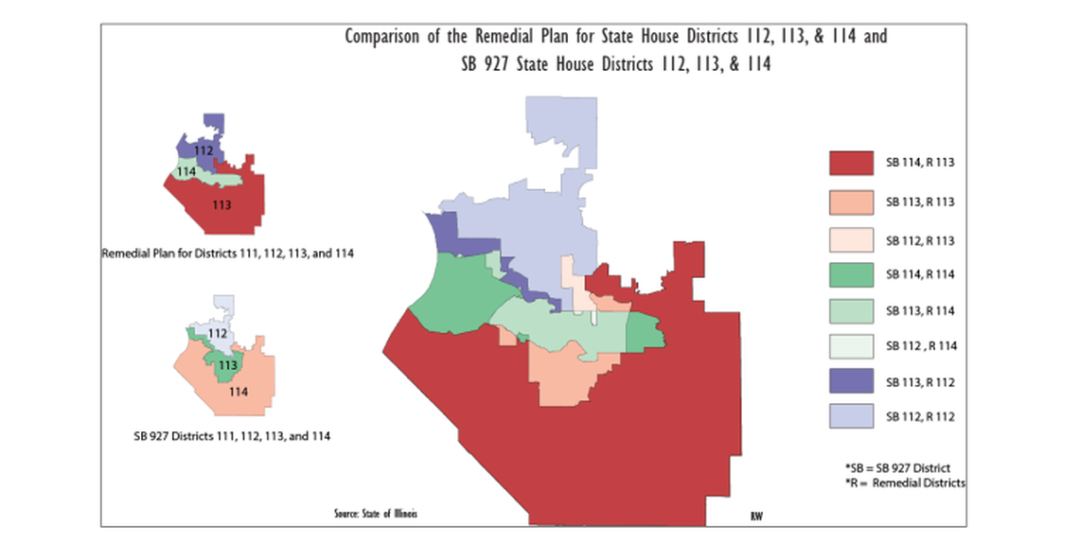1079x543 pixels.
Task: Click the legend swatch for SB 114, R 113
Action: pos(850,163)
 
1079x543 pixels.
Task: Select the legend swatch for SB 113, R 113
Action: pos(850,201)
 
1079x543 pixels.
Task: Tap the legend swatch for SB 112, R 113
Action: pos(850,240)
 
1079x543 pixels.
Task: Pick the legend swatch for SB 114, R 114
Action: pos(850,274)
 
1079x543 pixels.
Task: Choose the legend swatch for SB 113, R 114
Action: pos(850,310)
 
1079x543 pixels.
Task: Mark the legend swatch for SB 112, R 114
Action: pos(850,346)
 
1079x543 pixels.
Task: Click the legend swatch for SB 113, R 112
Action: pos(850,381)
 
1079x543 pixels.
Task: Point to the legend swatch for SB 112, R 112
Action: pos(850,416)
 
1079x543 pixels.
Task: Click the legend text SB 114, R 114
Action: pos(920,274)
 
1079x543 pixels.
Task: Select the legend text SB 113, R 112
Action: pos(920,382)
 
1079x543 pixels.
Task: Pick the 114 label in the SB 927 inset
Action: pos(239,392)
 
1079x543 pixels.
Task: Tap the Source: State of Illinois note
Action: pos(375,514)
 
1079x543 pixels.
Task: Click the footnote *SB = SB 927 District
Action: pos(897,468)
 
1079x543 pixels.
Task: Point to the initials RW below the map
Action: pos(756,516)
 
